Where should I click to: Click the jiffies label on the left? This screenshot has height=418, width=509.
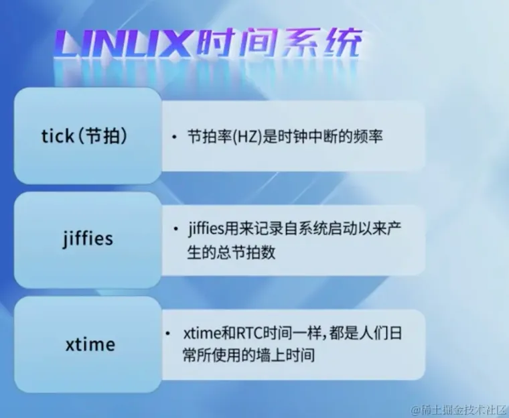pos(88,239)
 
